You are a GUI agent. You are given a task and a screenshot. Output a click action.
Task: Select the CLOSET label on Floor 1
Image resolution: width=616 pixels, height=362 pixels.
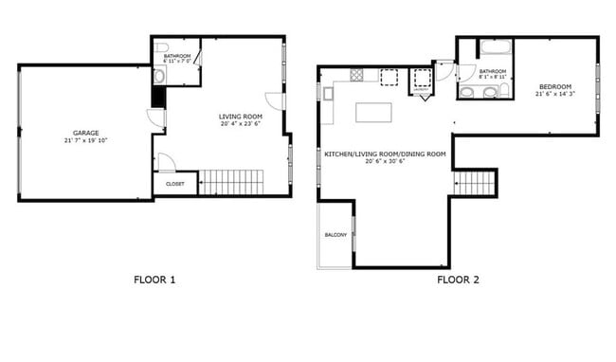click(x=174, y=183)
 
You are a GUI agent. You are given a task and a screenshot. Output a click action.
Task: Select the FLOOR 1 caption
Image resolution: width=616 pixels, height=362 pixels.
click(x=154, y=280)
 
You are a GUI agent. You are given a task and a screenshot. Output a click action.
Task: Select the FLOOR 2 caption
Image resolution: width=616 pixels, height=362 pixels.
click(x=458, y=280)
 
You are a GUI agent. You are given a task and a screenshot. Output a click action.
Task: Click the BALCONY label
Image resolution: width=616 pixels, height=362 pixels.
click(x=335, y=234)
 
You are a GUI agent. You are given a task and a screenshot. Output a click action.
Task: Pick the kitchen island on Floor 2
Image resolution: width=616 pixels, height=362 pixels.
click(x=375, y=112)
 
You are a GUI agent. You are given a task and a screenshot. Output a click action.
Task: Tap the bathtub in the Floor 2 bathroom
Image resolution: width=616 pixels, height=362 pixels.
click(x=496, y=48)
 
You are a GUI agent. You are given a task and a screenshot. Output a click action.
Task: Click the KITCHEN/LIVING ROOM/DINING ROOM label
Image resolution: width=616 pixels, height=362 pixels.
click(x=384, y=154)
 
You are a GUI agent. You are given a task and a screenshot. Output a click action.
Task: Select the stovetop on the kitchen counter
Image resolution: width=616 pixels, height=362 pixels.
click(x=356, y=74)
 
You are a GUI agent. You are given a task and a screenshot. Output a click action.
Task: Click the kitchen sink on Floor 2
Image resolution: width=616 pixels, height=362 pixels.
click(x=328, y=93)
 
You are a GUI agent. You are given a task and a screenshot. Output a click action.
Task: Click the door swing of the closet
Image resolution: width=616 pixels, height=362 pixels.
click(x=165, y=162)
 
